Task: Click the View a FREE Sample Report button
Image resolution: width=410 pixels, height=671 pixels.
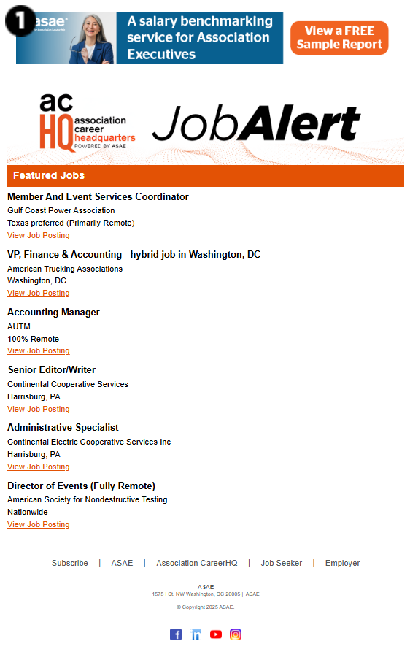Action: (339, 38)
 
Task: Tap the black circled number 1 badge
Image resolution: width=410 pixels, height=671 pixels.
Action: (20, 21)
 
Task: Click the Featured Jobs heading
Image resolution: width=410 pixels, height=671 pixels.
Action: (49, 175)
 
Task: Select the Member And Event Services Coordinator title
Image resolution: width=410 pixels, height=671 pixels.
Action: (98, 196)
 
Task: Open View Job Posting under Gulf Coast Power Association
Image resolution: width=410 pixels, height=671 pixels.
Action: (39, 235)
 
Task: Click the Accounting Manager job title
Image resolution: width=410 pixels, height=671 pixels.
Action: (53, 312)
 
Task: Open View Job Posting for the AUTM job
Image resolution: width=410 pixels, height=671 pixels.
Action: (39, 350)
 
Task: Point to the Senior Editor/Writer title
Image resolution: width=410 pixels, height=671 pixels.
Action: (52, 369)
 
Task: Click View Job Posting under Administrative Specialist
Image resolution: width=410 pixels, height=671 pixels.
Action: (39, 467)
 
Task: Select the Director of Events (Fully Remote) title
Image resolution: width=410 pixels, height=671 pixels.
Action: (81, 486)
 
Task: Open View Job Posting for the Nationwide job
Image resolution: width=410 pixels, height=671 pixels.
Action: (39, 524)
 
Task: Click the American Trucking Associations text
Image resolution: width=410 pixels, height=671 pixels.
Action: (65, 269)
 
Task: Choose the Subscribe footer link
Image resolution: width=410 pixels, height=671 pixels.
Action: (70, 563)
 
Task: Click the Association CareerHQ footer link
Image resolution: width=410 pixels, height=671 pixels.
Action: (197, 563)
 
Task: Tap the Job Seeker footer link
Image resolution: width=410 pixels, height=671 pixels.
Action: (282, 563)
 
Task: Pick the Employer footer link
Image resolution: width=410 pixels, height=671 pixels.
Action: (343, 563)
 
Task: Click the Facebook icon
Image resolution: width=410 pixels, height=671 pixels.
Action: (176, 634)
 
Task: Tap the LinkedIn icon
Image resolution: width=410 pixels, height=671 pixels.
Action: (196, 634)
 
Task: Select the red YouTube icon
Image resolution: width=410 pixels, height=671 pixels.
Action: (216, 634)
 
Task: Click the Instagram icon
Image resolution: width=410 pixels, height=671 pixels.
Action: (236, 634)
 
